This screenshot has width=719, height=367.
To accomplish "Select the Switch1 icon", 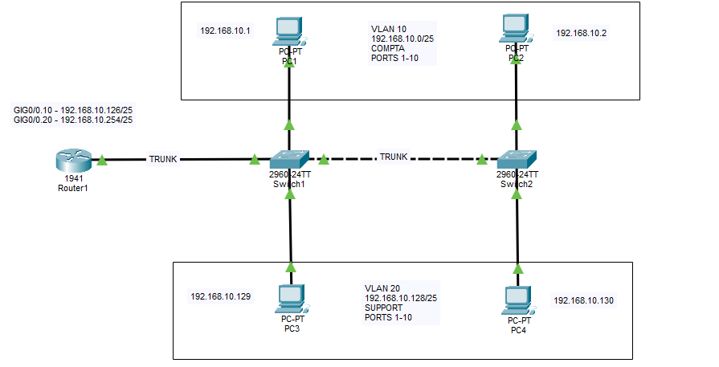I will pyautogui.click(x=289, y=159).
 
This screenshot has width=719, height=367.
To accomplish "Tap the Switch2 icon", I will pyautogui.click(x=517, y=159).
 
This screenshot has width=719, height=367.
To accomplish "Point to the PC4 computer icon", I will pyautogui.click(x=517, y=300).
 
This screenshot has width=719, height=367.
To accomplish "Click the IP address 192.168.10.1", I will pyautogui.click(x=225, y=31).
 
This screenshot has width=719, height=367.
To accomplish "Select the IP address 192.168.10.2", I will pyautogui.click(x=582, y=33).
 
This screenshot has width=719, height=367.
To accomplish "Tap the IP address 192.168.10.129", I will pyautogui.click(x=220, y=296).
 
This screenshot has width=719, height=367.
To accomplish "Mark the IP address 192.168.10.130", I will pyautogui.click(x=583, y=300).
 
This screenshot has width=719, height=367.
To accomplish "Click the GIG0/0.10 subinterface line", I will pyautogui.click(x=73, y=109).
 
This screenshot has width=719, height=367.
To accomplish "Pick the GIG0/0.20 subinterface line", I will pyautogui.click(x=73, y=120).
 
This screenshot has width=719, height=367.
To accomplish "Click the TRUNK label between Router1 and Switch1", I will pyautogui.click(x=163, y=159).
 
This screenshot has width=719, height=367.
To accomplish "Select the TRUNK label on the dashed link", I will pyautogui.click(x=394, y=157).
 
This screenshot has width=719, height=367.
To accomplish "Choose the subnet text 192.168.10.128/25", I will pyautogui.click(x=406, y=298).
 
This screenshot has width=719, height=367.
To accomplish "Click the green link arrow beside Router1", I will pyautogui.click(x=103, y=161).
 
